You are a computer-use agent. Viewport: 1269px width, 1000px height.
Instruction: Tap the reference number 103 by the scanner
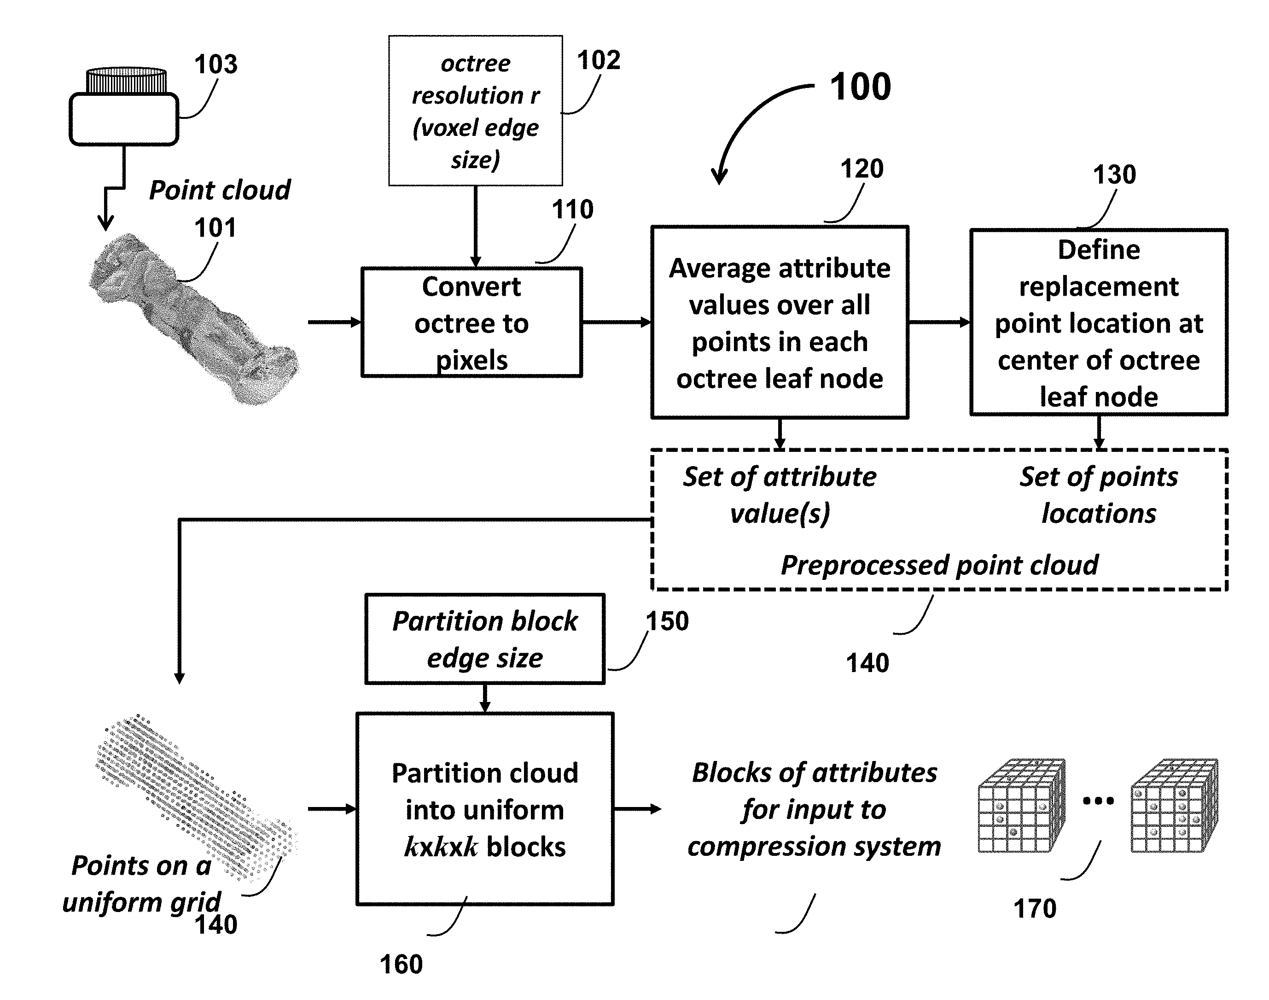tap(215, 64)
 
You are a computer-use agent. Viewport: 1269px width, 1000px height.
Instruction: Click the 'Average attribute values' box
tap(780, 322)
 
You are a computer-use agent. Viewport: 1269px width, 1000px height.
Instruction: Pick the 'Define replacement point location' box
tap(1099, 322)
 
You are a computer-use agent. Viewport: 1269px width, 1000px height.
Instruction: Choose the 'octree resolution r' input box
tap(475, 111)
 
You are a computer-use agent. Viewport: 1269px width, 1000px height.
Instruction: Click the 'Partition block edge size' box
tap(485, 639)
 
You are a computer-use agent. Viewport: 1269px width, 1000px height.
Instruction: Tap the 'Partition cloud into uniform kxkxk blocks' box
tap(485, 809)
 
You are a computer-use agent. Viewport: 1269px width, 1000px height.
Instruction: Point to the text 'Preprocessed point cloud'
tap(939, 566)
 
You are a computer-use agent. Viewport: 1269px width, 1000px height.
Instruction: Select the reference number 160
tap(401, 964)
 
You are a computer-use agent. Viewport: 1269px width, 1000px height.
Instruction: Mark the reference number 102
tap(598, 60)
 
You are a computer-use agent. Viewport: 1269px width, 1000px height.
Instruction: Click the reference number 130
tap(1114, 175)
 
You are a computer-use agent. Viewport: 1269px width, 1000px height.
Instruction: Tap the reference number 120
tap(862, 169)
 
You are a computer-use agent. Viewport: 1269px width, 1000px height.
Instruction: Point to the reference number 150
tap(667, 621)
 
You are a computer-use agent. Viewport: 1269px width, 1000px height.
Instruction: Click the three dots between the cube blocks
tap(1098, 801)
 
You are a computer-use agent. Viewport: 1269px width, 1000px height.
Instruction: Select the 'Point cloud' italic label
tap(220, 190)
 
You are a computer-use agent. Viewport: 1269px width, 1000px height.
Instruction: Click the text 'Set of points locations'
tap(1099, 495)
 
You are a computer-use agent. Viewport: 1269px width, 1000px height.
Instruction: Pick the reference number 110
tap(572, 210)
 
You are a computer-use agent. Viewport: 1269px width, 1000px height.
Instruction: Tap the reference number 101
tap(215, 228)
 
